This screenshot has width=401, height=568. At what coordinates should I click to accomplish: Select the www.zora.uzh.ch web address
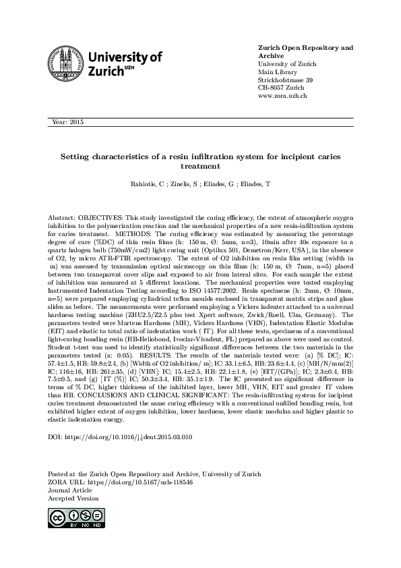(x=283, y=96)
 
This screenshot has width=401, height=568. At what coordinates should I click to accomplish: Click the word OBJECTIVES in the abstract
(x=97, y=219)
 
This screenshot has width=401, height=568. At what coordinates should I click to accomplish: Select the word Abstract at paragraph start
(x=61, y=219)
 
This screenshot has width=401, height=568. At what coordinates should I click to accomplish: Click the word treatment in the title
(x=200, y=165)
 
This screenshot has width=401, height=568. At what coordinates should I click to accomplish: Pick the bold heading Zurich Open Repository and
(x=306, y=48)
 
